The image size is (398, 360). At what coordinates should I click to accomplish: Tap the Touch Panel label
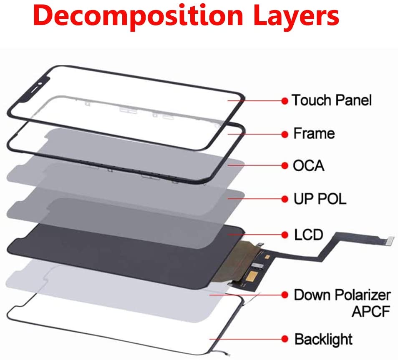(x=331, y=100)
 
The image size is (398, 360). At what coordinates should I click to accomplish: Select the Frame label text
(x=314, y=134)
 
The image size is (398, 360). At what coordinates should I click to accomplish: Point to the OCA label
(x=308, y=166)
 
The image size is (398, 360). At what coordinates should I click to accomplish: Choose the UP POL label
(x=319, y=199)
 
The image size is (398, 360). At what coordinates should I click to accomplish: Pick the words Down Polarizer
(x=342, y=295)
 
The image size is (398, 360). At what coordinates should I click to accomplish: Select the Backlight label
(x=323, y=339)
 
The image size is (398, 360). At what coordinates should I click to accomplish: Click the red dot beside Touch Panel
(x=285, y=101)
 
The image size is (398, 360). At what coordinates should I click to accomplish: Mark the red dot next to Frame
(x=285, y=134)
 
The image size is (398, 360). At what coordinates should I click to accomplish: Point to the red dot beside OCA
(x=285, y=166)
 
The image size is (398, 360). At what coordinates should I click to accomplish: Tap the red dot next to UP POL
(x=285, y=199)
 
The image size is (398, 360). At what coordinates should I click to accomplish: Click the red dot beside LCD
(x=285, y=235)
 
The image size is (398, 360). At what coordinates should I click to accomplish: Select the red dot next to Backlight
(x=285, y=338)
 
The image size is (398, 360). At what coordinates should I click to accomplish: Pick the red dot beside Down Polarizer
(x=285, y=295)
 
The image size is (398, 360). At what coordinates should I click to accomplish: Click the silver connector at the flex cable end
(x=390, y=239)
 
